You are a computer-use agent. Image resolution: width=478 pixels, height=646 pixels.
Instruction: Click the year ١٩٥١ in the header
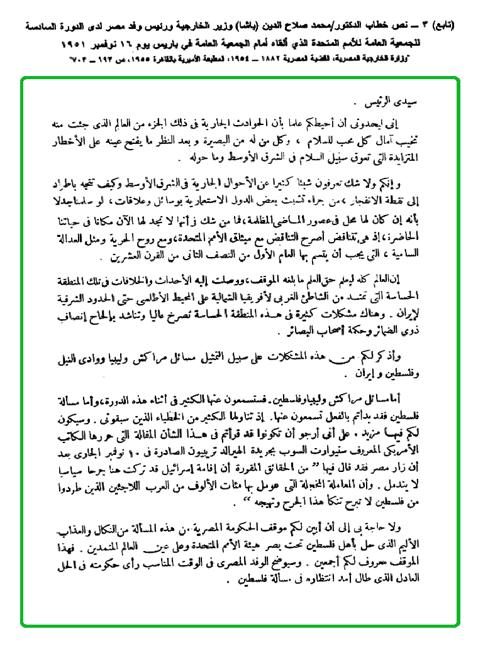[75, 46]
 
